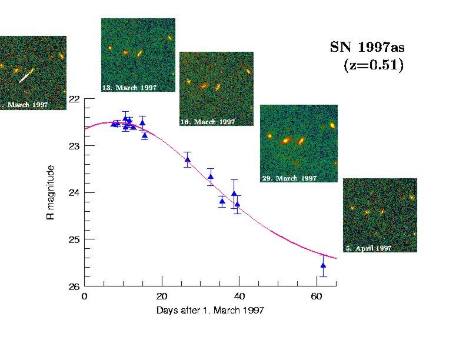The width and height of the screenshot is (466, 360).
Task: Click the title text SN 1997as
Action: coord(367,48)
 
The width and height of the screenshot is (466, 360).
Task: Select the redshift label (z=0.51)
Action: coord(373,65)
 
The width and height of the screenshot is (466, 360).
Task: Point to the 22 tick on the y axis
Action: coord(74,99)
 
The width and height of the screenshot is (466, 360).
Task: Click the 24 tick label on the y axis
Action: coord(74,192)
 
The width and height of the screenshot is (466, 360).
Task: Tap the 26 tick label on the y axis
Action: coord(74,286)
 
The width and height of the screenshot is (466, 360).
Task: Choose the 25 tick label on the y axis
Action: coord(74,239)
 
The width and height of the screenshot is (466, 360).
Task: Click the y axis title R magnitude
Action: coord(51,193)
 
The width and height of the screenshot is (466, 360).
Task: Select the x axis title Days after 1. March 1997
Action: coord(210,310)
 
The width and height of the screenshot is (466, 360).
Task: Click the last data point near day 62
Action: coord(323,265)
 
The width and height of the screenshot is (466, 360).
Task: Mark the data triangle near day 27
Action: coord(187,159)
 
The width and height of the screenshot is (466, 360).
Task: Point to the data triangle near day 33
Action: coord(211,176)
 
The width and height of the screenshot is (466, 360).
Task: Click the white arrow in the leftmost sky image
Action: coord(24,76)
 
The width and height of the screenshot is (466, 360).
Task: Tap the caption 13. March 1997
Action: coord(129,88)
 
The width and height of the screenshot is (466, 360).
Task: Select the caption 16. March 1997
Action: coord(207,122)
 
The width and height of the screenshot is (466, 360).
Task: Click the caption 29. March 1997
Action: coord(289,178)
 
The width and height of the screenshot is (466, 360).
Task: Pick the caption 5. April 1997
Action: coord(368,248)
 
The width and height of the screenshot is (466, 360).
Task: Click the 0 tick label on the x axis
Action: coord(85,296)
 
